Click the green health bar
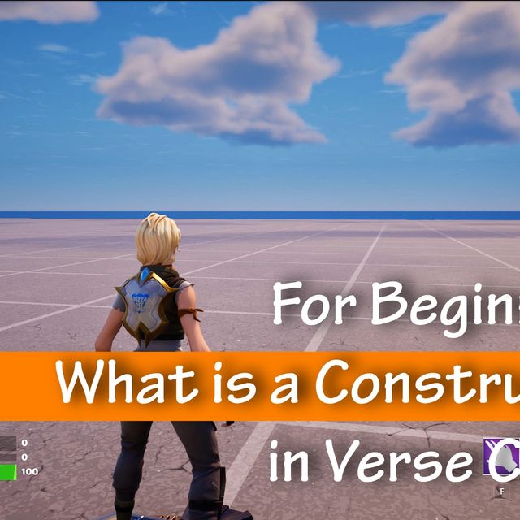pyautogui.click(x=7, y=471)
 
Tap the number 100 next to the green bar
pyautogui.click(x=29, y=471)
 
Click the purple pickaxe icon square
pyautogui.click(x=500, y=458)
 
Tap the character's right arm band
pyautogui.click(x=193, y=313)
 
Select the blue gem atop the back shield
pyautogui.click(x=145, y=278)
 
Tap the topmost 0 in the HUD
pyautogui.click(x=24, y=444)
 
